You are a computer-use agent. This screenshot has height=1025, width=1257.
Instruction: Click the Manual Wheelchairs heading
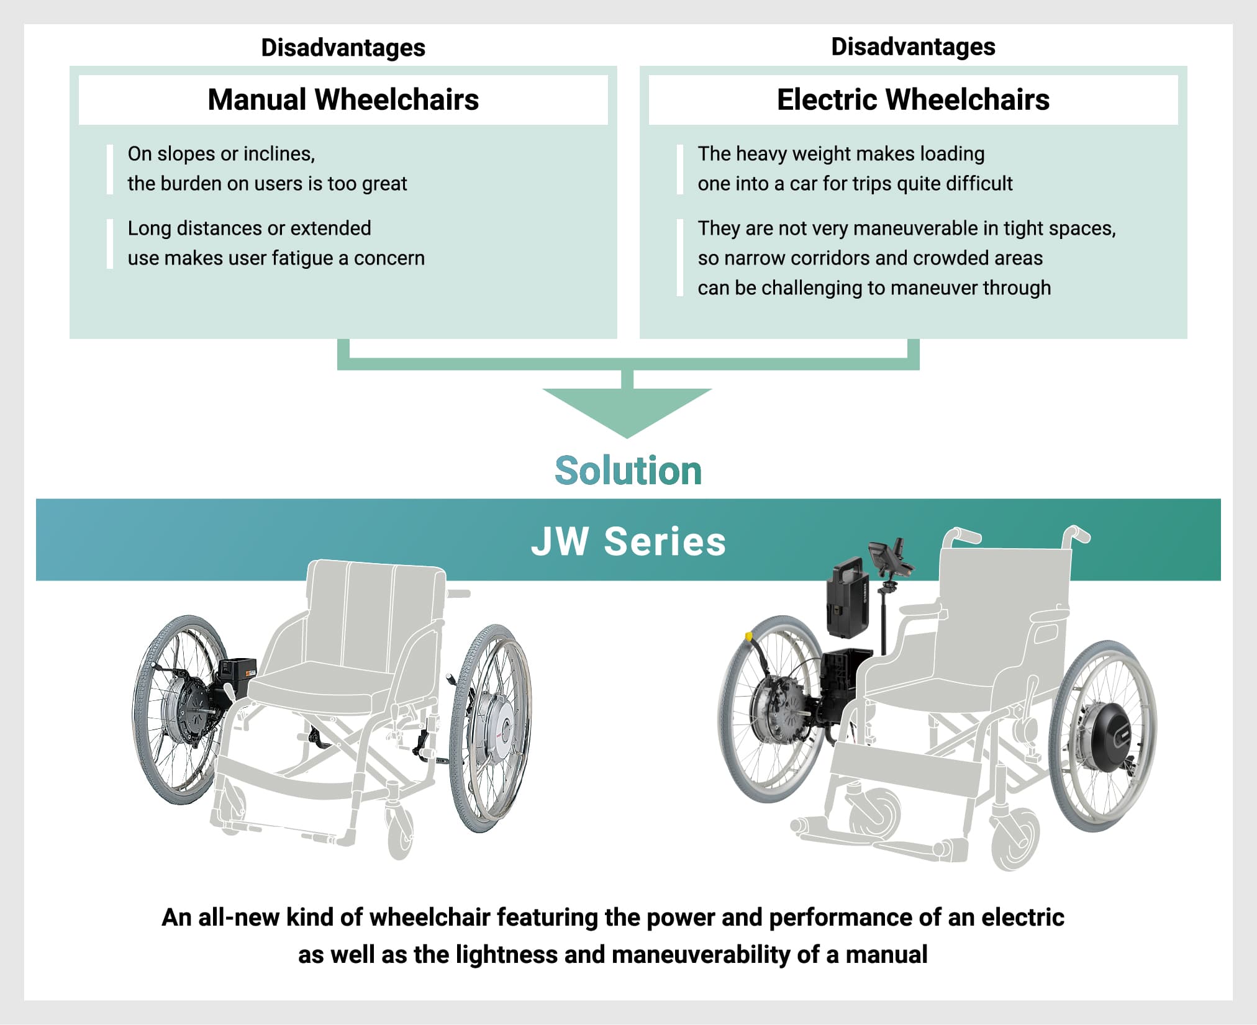point(343,99)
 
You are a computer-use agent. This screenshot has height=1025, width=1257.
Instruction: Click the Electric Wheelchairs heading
point(913,99)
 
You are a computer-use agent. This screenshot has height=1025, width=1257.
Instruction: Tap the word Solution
point(628,470)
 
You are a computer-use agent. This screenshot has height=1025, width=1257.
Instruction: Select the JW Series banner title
point(628,541)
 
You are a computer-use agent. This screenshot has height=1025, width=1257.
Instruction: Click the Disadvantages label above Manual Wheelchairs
point(343,48)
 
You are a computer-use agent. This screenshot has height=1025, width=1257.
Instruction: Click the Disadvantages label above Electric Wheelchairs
point(913,47)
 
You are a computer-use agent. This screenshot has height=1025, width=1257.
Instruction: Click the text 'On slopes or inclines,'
point(221,153)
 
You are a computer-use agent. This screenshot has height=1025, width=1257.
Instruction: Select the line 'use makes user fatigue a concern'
point(276,258)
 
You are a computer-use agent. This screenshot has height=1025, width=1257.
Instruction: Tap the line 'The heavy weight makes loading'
point(841,154)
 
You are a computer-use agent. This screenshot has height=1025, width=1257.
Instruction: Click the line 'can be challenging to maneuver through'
point(874,288)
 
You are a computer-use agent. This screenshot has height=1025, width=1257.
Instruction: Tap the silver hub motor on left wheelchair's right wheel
point(496,726)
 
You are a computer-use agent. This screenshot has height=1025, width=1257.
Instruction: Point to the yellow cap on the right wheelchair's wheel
point(749,636)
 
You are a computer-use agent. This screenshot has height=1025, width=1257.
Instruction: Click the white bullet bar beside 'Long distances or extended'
point(110,243)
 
